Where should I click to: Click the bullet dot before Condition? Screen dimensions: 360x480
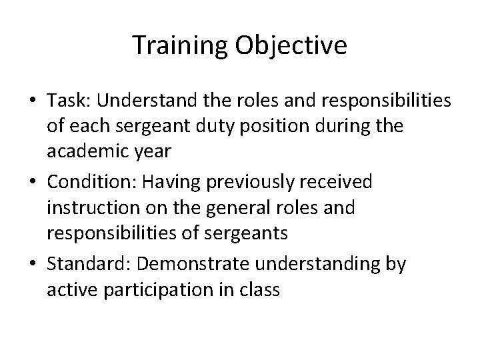(33, 182)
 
